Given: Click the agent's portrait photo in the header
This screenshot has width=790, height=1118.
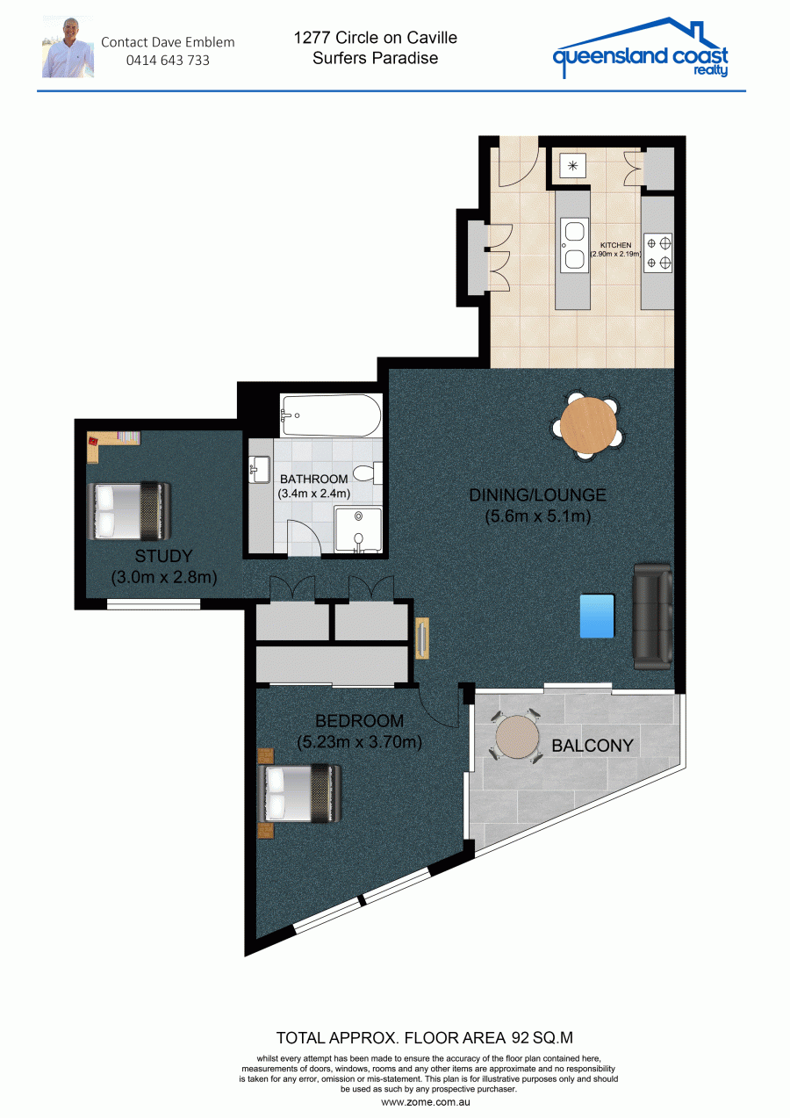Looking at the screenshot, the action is click(68, 47).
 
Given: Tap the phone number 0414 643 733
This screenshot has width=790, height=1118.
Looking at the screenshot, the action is click(168, 61).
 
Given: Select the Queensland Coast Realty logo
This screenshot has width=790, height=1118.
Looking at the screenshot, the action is click(641, 48).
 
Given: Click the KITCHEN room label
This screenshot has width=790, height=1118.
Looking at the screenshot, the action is click(615, 245).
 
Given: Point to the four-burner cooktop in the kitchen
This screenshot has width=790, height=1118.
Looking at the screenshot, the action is click(657, 253).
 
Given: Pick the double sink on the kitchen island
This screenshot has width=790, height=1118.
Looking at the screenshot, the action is click(574, 245).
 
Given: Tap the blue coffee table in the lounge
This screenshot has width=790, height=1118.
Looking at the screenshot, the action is click(597, 616).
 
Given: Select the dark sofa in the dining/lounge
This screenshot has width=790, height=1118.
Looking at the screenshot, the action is click(652, 617).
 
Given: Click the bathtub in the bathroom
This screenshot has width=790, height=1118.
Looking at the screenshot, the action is click(331, 415).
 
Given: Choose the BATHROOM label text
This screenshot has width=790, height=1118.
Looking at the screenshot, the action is click(313, 480).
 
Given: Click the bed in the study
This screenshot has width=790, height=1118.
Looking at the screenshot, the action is click(129, 510).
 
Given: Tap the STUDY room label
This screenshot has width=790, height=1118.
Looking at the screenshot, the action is click(163, 556).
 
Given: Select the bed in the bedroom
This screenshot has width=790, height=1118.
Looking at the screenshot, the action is click(299, 794).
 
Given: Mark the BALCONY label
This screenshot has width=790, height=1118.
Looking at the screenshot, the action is click(592, 746).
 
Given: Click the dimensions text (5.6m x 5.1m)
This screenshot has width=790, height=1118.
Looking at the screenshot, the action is click(537, 516).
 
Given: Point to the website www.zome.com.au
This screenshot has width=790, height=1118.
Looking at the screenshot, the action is click(426, 1102).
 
